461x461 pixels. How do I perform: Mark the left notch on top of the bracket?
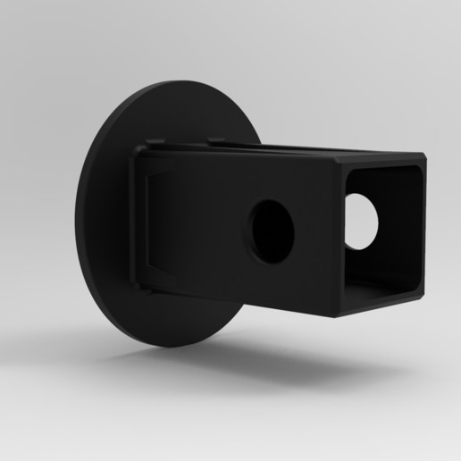tap(157, 141)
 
